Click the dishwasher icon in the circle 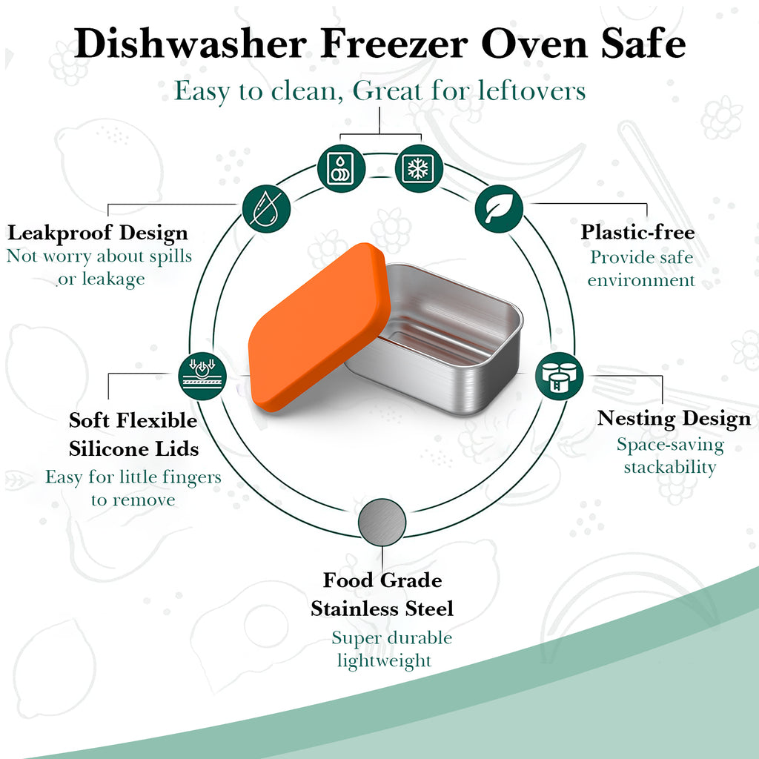[x=341, y=168]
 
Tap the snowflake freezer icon [x=419, y=168]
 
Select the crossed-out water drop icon [x=266, y=208]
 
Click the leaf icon [x=499, y=208]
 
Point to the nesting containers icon [x=560, y=376]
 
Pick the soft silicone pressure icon [x=202, y=376]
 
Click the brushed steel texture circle [x=382, y=523]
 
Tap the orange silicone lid [x=319, y=327]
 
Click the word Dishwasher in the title [x=190, y=44]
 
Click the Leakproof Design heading [x=98, y=233]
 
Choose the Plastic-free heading [x=637, y=232]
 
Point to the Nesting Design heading [x=674, y=420]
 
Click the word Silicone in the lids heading [x=102, y=448]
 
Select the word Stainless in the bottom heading [x=355, y=609]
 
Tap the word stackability [x=670, y=468]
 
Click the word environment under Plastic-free [x=641, y=279]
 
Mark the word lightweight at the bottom [x=384, y=661]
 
